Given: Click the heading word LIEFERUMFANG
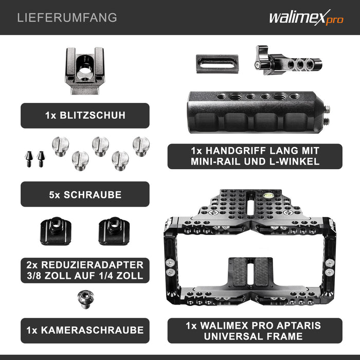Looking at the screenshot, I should (x=67, y=18).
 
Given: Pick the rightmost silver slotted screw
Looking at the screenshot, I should (x=141, y=146).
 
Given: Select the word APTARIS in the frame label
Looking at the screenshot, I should (x=303, y=326).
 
